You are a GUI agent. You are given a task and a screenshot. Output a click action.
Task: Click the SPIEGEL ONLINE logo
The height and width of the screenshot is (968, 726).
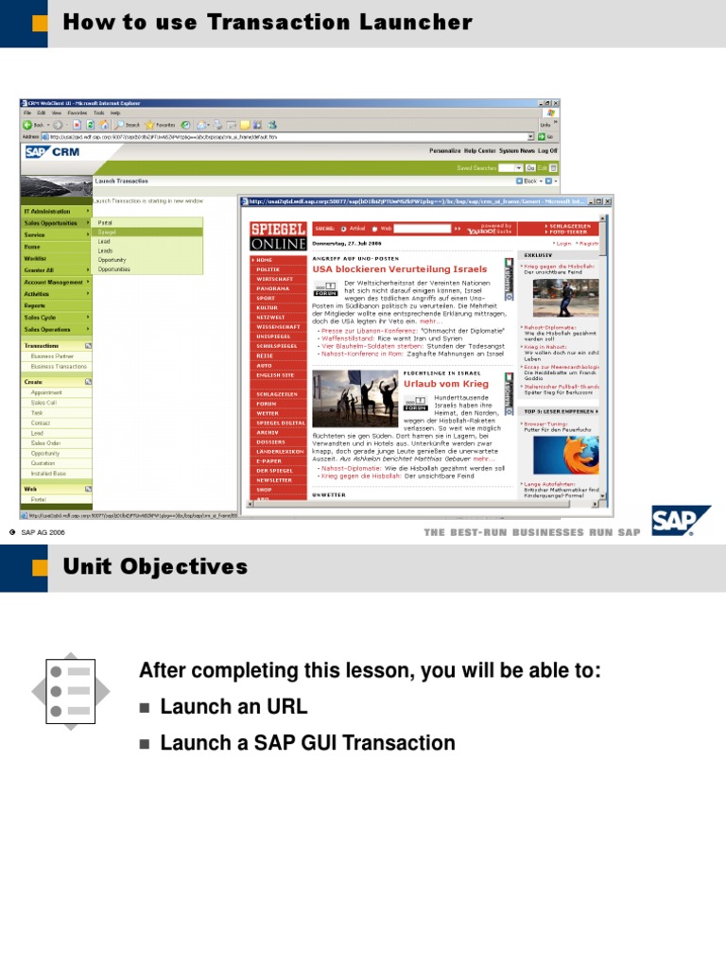pyautogui.click(x=278, y=236)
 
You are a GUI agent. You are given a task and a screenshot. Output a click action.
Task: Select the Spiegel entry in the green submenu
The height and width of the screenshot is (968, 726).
pyautogui.click(x=108, y=232)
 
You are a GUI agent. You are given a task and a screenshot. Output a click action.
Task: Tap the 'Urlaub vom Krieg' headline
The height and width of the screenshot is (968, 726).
pyautogui.click(x=446, y=384)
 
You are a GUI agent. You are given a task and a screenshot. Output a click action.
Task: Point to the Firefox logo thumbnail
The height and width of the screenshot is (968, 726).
pyautogui.click(x=565, y=455)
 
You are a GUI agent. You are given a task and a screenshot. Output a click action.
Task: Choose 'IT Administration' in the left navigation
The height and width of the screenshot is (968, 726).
pyautogui.click(x=47, y=211)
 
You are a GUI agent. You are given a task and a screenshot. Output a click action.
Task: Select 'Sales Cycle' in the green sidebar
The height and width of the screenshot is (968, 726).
pyautogui.click(x=40, y=318)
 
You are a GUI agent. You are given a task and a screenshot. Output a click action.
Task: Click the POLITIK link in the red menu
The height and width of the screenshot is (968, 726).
pyautogui.click(x=268, y=269)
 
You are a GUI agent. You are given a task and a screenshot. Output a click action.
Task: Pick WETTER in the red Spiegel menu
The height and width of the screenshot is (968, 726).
pyautogui.click(x=268, y=413)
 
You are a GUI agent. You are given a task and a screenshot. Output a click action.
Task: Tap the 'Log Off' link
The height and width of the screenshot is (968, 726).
pyautogui.click(x=548, y=150)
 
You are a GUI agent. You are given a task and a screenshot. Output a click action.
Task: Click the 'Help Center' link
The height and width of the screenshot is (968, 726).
pyautogui.click(x=480, y=150)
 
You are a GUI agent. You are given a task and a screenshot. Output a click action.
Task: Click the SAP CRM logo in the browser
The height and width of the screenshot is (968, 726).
pyautogui.click(x=52, y=151)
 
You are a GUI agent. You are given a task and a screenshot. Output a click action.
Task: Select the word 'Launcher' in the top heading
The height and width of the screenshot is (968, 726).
pyautogui.click(x=416, y=22)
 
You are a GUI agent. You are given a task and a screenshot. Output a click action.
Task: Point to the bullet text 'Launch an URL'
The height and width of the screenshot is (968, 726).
pyautogui.click(x=233, y=707)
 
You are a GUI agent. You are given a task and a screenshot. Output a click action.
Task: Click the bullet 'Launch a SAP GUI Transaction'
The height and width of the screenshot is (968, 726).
pyautogui.click(x=307, y=743)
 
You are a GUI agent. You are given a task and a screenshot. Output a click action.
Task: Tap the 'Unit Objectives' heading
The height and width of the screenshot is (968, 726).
pyautogui.click(x=155, y=567)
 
